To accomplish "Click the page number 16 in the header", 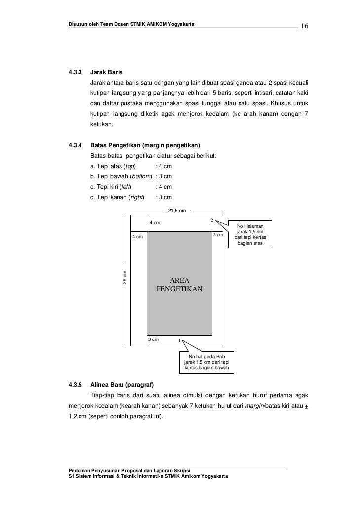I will pos(304,26).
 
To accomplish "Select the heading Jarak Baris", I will pos(106,73).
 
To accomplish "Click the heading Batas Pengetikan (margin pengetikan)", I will pos(145,146).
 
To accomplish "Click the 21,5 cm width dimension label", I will pos(176,211).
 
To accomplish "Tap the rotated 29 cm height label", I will pos(125,277).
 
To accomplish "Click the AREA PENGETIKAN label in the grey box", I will pos(179,284).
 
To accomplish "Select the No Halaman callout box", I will pos(250,235).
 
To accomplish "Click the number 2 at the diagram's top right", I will pos(212,220).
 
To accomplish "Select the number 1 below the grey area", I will pos(180,340).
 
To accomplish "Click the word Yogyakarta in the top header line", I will pos(180,25).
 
